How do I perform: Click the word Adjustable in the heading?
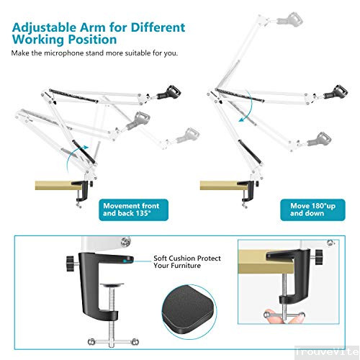pyautogui.click(x=40, y=27)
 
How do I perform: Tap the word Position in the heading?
pyautogui.click(x=92, y=40)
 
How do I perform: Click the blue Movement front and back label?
pyautogui.click(x=130, y=210)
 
